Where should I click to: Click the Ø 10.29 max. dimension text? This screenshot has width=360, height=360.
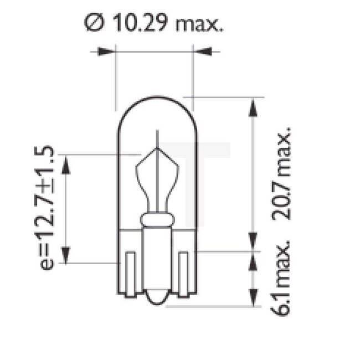pyautogui.click(x=155, y=23)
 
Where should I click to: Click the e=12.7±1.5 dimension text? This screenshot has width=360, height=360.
pyautogui.click(x=48, y=208)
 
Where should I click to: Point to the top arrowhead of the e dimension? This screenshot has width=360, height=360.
pyautogui.click(x=66, y=163)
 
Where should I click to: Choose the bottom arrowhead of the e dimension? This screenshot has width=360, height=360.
pyautogui.click(x=66, y=254)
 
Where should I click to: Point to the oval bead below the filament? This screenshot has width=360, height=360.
pyautogui.click(x=157, y=219)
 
